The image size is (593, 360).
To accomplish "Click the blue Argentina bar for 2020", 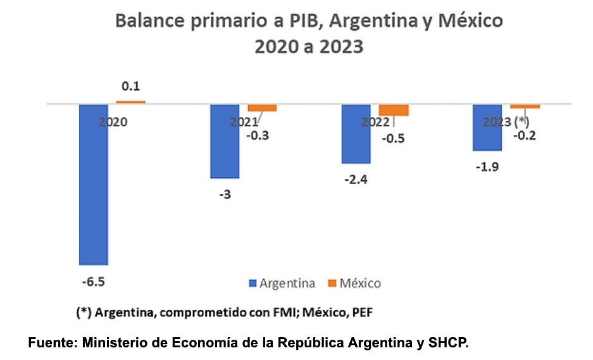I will [x=93, y=184].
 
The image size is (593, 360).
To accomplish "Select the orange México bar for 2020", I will [x=130, y=101].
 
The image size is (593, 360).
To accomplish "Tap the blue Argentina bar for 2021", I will [x=225, y=141].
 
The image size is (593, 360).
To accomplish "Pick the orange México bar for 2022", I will [x=394, y=109].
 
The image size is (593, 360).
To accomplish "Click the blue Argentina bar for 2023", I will [x=487, y=127].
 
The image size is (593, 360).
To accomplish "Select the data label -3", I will [x=225, y=194].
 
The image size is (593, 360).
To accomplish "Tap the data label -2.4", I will [x=356, y=180].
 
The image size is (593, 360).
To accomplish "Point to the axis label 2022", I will [x=375, y=122].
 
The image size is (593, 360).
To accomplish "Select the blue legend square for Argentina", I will [x=253, y=283].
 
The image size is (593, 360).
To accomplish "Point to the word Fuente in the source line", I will [x=49, y=344].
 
